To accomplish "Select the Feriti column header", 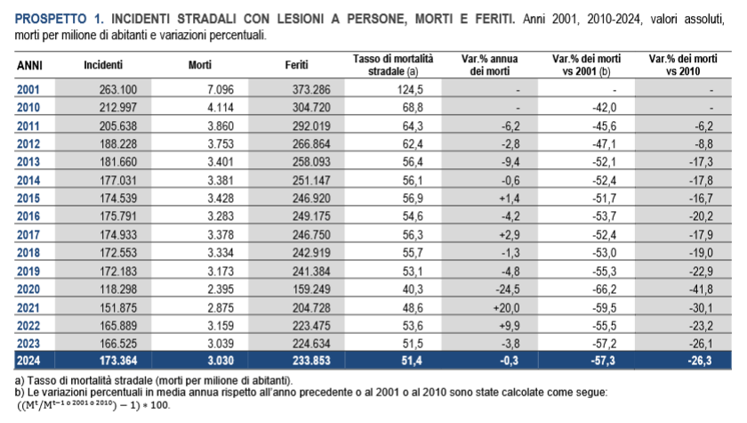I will (297, 65).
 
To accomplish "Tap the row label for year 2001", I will (28, 90).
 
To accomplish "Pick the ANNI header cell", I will (29, 65).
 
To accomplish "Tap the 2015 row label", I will (28, 197).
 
